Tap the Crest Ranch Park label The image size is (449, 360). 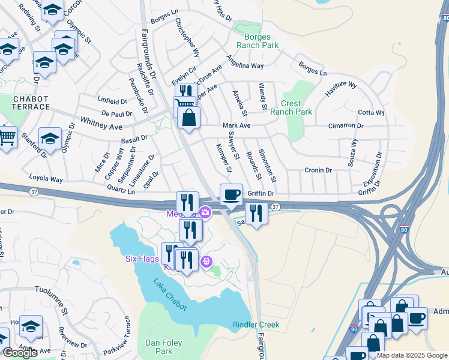pos(291,107)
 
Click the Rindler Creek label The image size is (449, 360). pos(256,325)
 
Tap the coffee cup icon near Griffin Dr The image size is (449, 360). pos(231,195)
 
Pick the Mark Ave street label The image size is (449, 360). pos(236,125)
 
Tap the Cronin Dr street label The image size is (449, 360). pos(318,170)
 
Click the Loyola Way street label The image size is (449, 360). pos(46,179)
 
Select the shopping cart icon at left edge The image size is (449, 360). pos(6,138)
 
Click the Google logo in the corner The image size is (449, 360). pos(19,353)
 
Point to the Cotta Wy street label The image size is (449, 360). pos(371,113)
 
